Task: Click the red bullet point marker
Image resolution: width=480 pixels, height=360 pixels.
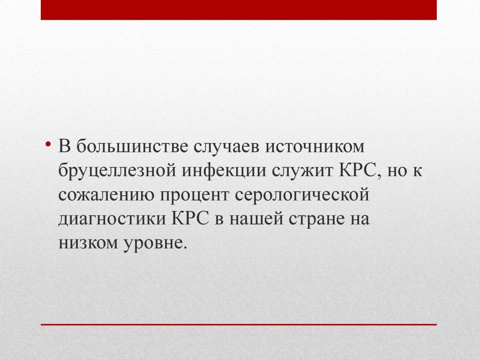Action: [x=47, y=143]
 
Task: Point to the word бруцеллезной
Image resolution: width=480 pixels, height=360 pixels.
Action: [x=118, y=171]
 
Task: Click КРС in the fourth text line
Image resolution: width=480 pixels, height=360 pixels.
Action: [x=190, y=218]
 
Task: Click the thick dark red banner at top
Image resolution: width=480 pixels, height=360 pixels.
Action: [x=239, y=10]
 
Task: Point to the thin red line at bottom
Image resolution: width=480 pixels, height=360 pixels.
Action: [x=239, y=324]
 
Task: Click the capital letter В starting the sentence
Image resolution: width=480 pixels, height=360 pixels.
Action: [x=65, y=146]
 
